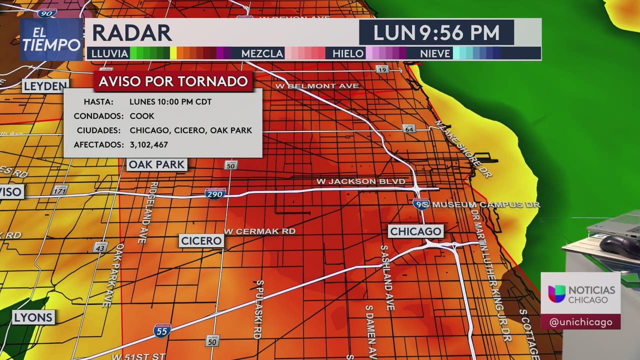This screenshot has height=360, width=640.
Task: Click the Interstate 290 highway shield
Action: coord(215,193)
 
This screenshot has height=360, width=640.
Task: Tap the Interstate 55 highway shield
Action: coord(162,330)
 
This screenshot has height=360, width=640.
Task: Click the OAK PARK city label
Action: coord(156,164)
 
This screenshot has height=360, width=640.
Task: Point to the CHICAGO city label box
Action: coord(416,231)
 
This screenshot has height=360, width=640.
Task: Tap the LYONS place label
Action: coord(33,317)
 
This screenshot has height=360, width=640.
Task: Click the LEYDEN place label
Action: coord(45,86)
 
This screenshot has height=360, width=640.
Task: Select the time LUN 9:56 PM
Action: coord(436,33)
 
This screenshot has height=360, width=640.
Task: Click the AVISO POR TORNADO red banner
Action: coord(173,81)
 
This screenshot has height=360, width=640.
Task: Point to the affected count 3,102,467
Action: coord(148,144)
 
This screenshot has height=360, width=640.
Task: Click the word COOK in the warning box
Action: coord(142,116)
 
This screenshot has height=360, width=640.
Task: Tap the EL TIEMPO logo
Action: coord(51,39)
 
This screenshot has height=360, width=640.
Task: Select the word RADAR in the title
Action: coord(132,33)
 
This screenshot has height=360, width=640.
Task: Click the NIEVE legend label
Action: coord(435,53)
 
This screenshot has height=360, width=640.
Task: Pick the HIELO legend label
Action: coord(348,53)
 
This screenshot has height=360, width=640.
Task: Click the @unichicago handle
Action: coord(580,322)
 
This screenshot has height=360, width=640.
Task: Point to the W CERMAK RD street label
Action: coord(259,231)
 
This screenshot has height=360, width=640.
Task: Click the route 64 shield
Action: coord(409,128)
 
